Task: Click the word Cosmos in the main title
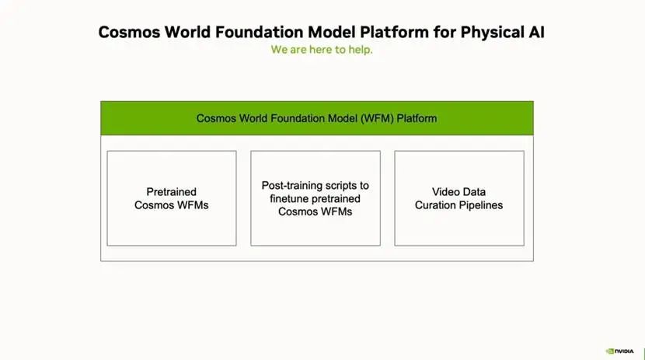click(129, 32)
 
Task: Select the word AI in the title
click(537, 32)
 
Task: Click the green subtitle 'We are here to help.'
click(322, 50)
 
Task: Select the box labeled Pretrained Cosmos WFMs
click(172, 198)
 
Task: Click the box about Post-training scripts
click(316, 198)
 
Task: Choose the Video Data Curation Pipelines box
click(459, 198)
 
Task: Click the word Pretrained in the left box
click(172, 192)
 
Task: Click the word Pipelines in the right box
click(481, 205)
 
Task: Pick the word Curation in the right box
click(435, 205)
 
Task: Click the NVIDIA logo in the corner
click(619, 351)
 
